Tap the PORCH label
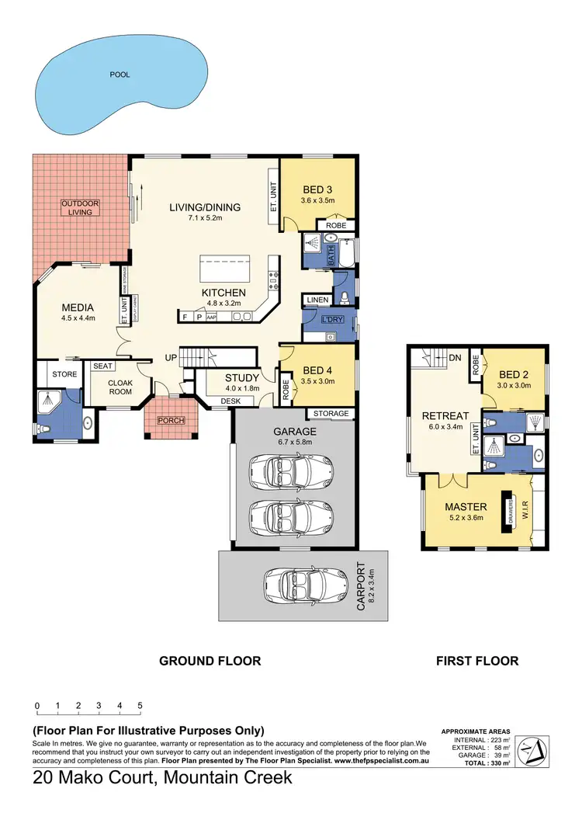pyautogui.click(x=170, y=420)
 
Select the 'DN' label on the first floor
pyautogui.click(x=456, y=358)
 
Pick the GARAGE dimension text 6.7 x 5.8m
pyautogui.click(x=294, y=443)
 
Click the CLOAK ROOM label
pyautogui.click(x=120, y=387)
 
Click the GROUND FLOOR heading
pyautogui.click(x=210, y=662)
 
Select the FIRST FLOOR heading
pyautogui.click(x=477, y=662)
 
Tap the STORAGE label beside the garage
pyautogui.click(x=331, y=414)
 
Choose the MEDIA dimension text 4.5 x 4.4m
pyautogui.click(x=78, y=318)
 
